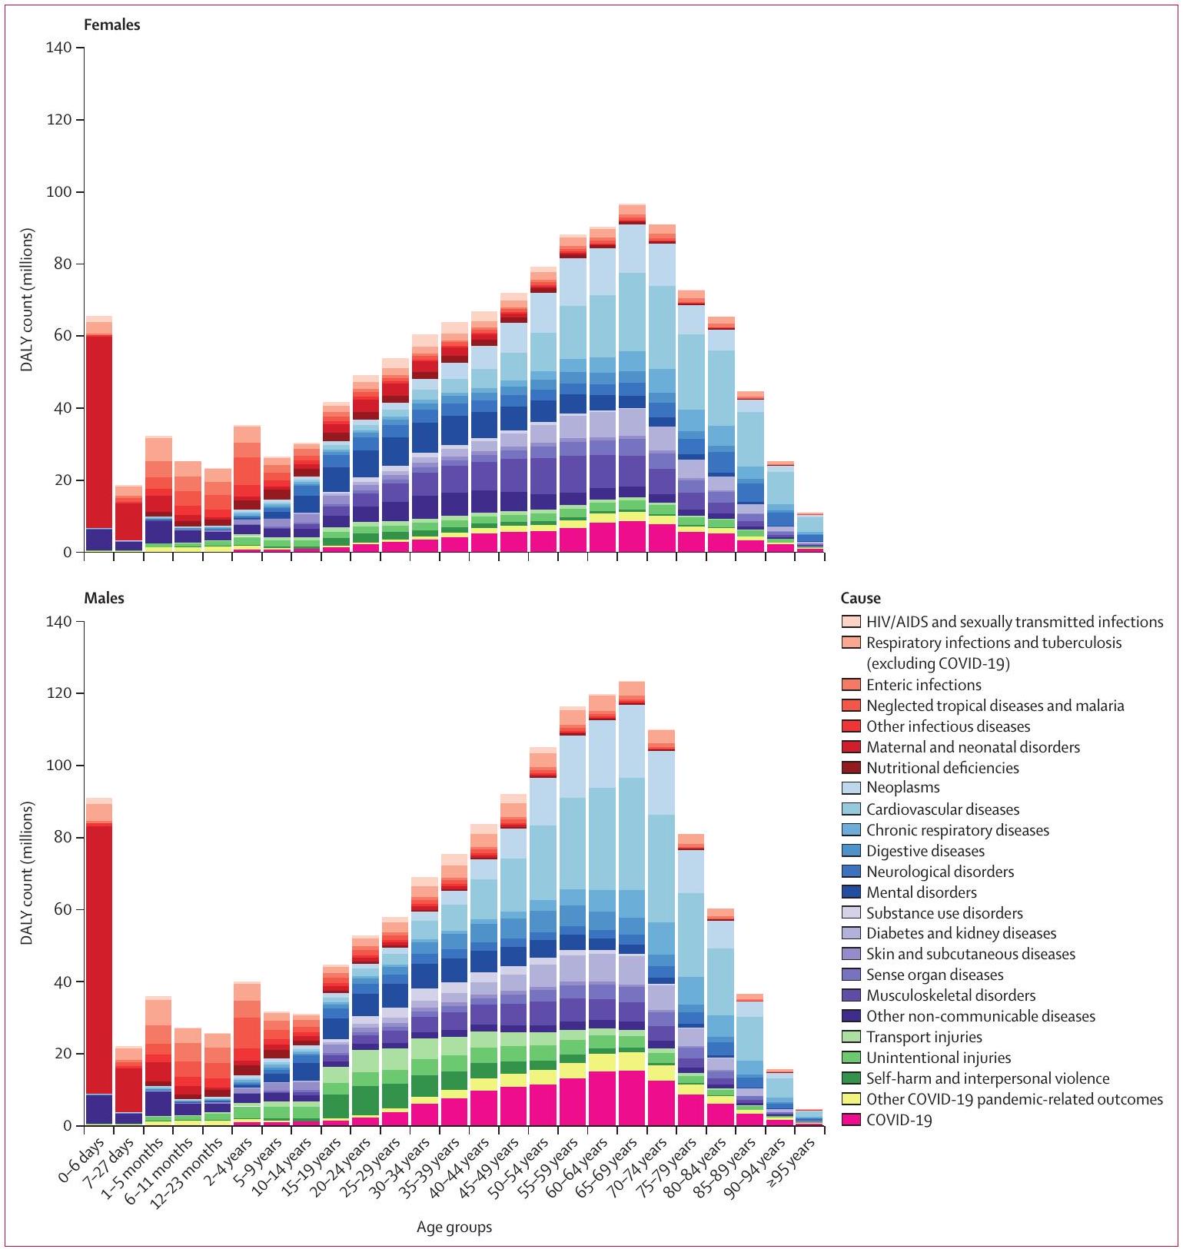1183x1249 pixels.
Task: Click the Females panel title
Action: coord(112,25)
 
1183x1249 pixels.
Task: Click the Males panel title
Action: coord(104,598)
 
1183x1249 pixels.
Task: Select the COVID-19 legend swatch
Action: coord(851,1120)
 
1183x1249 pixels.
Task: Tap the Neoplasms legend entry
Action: coord(902,788)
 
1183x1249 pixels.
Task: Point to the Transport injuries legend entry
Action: coord(924,1037)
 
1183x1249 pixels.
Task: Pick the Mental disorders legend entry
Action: coord(921,892)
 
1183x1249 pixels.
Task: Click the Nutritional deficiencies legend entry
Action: coord(942,768)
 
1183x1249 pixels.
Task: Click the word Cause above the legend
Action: coord(861,598)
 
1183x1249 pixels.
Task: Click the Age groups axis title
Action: coord(454,1227)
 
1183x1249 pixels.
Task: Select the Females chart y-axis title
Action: coord(28,300)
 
